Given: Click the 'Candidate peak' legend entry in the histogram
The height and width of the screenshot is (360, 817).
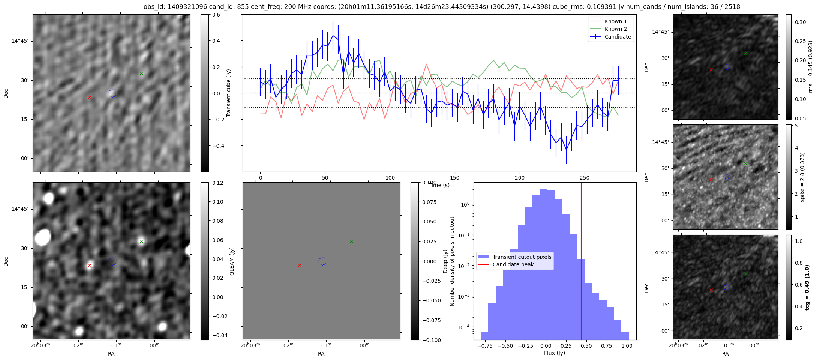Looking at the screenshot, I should [513, 264].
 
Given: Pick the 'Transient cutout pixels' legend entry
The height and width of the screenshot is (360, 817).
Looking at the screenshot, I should [522, 257].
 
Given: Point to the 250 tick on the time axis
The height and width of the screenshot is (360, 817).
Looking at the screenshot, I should [585, 178].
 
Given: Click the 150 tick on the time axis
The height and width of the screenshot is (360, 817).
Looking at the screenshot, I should [455, 178].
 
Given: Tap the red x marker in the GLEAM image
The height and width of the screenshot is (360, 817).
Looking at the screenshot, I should [90, 265].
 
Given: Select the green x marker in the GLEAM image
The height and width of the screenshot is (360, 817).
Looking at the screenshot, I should [141, 241].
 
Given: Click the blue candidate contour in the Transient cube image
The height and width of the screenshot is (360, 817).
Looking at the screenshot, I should [112, 93].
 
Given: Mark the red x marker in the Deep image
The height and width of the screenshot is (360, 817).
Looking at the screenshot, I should [300, 265].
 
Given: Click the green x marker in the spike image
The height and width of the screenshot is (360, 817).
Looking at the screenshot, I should [745, 164].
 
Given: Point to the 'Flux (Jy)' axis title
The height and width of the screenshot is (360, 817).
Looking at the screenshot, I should [554, 353].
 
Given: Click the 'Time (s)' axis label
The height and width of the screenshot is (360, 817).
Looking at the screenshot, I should [439, 185].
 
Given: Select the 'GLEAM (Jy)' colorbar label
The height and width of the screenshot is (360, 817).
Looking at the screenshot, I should [232, 261].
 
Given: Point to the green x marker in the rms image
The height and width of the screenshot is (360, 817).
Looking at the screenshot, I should [745, 54].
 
